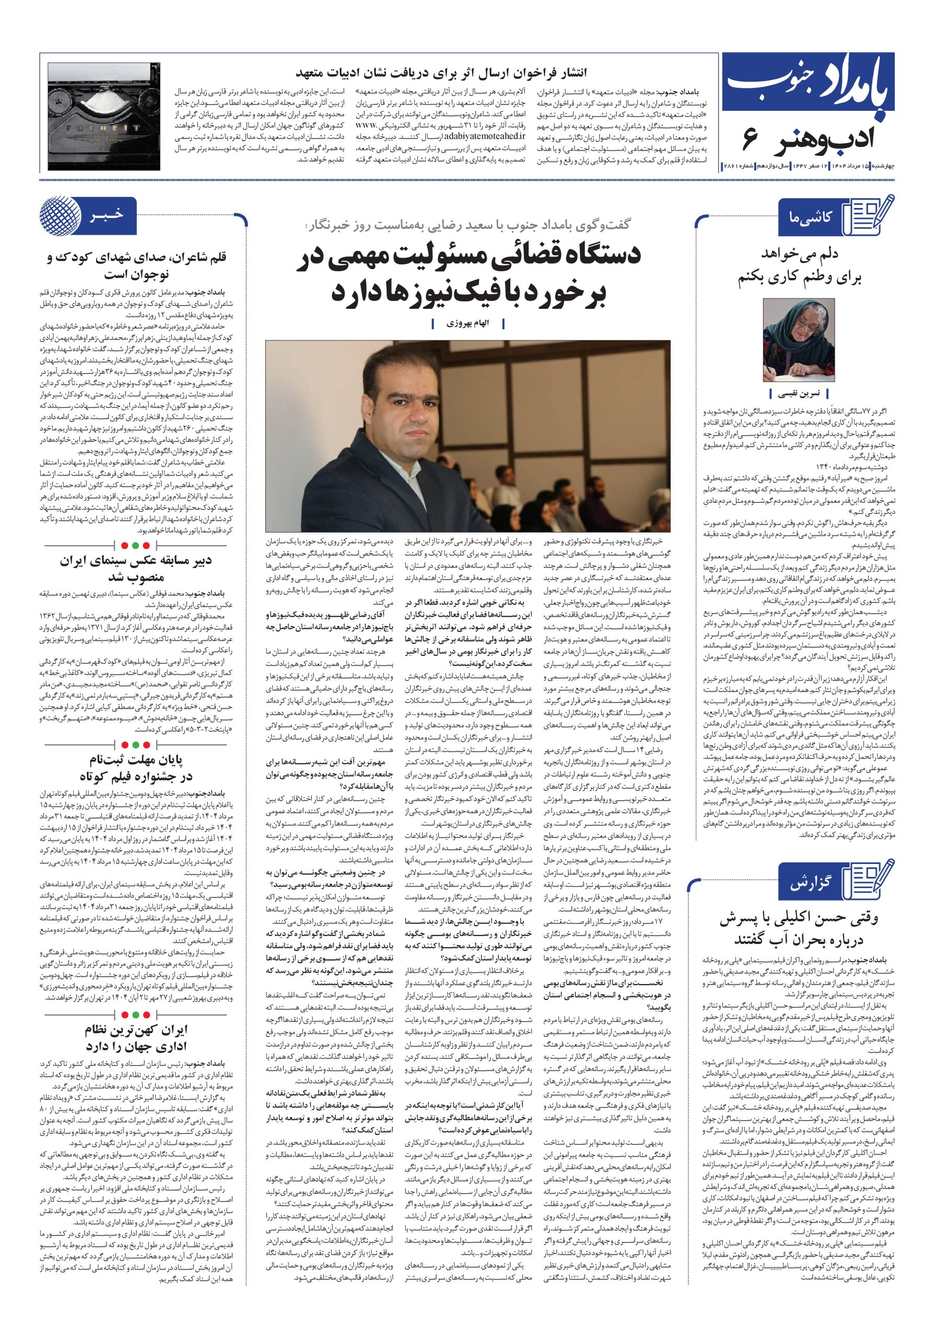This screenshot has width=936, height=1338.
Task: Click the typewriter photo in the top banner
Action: coord(96,112)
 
